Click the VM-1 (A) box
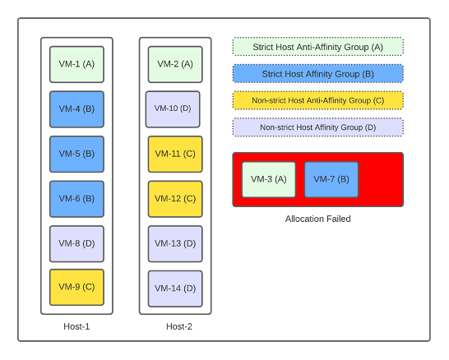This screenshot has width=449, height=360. pos(76,64)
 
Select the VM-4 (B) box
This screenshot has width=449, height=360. pos(76,109)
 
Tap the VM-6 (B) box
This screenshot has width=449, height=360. pos(76,199)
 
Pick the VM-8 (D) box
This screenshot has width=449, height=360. pos(76,244)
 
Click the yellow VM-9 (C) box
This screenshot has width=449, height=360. pos(76,288)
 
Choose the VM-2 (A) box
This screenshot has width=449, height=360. pos(175,64)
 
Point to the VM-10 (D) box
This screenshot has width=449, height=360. pos(173,109)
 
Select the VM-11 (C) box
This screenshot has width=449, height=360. pos(175,155)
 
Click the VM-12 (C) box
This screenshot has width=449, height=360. pos(175,199)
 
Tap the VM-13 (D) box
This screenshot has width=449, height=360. pos(175,244)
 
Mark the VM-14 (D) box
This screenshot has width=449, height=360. pos(175,288)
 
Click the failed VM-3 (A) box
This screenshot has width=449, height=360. pos(269,180)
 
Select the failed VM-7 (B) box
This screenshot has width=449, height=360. pos(331,180)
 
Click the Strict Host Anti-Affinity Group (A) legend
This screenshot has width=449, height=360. pos(318,46)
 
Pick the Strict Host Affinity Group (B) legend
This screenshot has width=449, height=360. pos(318,73)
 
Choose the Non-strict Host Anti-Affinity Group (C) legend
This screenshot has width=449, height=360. pos(318,100)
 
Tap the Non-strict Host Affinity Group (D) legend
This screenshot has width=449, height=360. pos(318,127)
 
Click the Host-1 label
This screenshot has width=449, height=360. pos(76,326)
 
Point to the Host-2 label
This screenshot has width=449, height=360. pos(179,326)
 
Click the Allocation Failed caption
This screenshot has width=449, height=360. pos(318,219)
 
